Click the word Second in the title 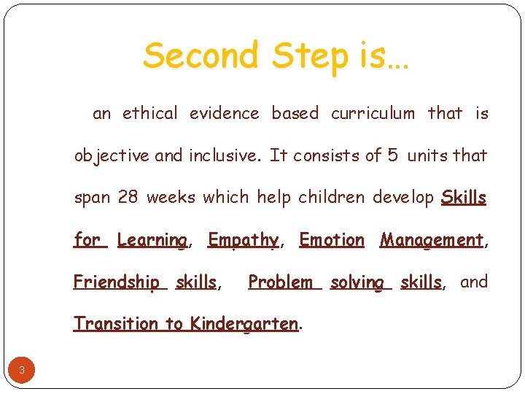[201, 56]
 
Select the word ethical [149, 113]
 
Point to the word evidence [224, 113]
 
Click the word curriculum [373, 113]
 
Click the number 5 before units [392, 155]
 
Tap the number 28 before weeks [128, 198]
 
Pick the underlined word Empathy [243, 240]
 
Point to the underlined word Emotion [332, 240]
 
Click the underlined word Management [432, 240]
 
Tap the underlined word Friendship [117, 282]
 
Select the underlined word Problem [281, 282]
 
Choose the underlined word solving [357, 282]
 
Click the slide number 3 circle [22, 371]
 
